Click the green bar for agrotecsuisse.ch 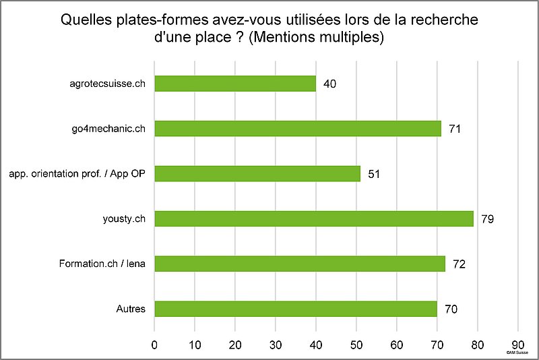tap(235, 84)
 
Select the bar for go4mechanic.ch tap(298, 128)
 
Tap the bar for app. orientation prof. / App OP tap(257, 173)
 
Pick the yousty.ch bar tap(314, 218)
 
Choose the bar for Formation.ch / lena tap(300, 264)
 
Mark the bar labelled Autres tap(296, 309)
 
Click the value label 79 tap(488, 219)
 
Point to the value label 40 tap(329, 84)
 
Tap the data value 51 tap(374, 174)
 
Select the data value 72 tap(459, 264)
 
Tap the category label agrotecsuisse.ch tap(108, 84)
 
